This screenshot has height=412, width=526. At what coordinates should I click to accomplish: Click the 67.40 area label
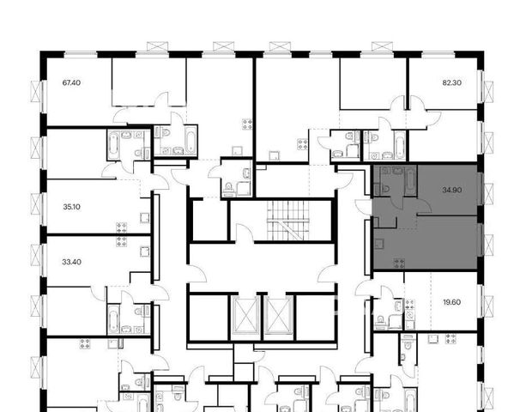pyautogui.click(x=71, y=82)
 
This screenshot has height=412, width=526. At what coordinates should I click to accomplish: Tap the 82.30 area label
pyautogui.click(x=452, y=82)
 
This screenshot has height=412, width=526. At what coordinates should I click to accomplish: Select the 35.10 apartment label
pyautogui.click(x=71, y=207)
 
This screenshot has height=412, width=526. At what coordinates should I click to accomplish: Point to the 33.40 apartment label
pyautogui.click(x=71, y=262)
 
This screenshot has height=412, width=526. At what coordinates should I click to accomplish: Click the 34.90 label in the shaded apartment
pyautogui.click(x=452, y=190)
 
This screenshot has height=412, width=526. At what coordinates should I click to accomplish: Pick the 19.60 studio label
pyautogui.click(x=452, y=302)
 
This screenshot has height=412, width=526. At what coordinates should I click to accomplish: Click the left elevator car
pyautogui.click(x=245, y=315)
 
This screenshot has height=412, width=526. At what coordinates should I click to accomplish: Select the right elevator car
pyautogui.click(x=278, y=315)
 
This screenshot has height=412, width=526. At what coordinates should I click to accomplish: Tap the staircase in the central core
pyautogui.click(x=288, y=221)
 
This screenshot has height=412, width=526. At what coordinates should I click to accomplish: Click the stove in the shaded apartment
pyautogui.click(x=399, y=264)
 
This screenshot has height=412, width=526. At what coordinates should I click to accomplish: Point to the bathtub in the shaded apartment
pyautogui.click(x=411, y=181)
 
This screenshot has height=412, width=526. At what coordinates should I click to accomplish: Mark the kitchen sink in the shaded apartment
pyautogui.click(x=379, y=243)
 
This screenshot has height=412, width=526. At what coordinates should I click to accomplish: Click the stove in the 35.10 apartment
pyautogui.click(x=122, y=227)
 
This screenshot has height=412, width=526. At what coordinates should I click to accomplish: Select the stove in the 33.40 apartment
pyautogui.click(x=122, y=241)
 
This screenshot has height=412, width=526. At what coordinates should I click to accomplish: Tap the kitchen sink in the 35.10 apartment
pyautogui.click(x=145, y=218)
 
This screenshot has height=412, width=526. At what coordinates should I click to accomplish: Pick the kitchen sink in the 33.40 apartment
pyautogui.click(x=145, y=251)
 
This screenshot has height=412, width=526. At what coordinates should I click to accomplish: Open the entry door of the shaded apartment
pyautogui.click(x=364, y=207)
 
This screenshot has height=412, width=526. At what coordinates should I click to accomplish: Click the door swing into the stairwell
pyautogui.click(x=245, y=233)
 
